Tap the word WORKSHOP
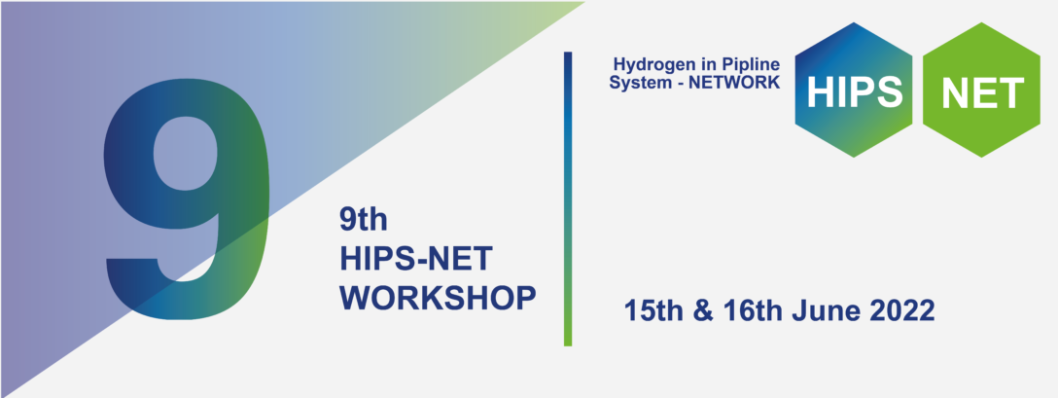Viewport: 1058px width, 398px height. pyautogui.click(x=439, y=297)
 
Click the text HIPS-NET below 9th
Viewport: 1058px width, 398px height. pyautogui.click(x=416, y=258)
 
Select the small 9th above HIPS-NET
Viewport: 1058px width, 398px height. pyautogui.click(x=363, y=219)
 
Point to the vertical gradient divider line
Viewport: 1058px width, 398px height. pyautogui.click(x=568, y=199)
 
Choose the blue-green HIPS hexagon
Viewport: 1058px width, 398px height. pyautogui.click(x=854, y=90)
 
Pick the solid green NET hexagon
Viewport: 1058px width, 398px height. pyautogui.click(x=981, y=90)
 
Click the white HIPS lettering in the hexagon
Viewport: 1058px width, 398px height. pyautogui.click(x=854, y=91)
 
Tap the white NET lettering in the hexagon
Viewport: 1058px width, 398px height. pyautogui.click(x=983, y=91)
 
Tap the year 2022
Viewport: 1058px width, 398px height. pyautogui.click(x=900, y=311)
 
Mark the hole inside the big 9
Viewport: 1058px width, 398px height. pyautogui.click(x=187, y=154)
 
